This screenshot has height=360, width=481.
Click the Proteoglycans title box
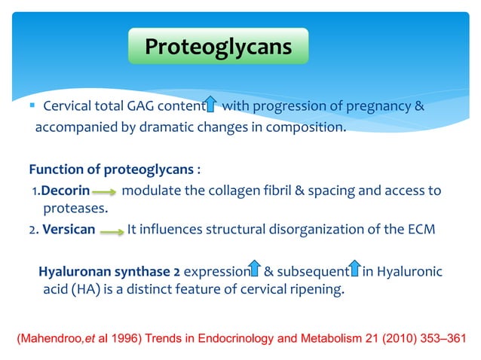coord(218,47)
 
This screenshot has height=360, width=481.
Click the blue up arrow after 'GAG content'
coord(213,106)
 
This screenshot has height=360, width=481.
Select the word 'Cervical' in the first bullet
coord(68,106)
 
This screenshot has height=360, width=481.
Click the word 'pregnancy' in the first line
coord(383,106)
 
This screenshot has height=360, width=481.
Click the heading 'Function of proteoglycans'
coord(111,167)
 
